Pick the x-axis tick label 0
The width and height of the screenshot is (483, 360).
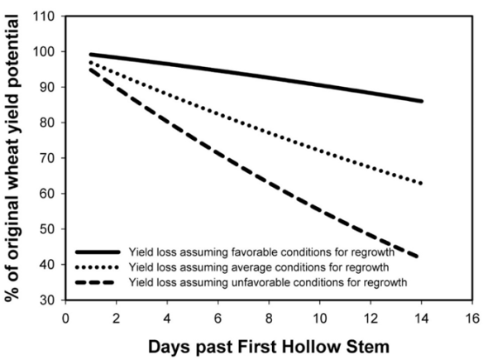point(65,318)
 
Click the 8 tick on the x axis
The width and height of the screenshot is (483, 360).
point(269,318)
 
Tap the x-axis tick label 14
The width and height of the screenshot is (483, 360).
point(422,318)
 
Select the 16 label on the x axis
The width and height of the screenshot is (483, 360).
point(472,318)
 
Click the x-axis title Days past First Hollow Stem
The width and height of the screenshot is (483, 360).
point(269,347)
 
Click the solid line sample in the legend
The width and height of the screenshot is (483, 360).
point(98,252)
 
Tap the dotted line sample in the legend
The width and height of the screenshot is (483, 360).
point(98,267)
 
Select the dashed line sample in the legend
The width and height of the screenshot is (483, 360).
point(95,282)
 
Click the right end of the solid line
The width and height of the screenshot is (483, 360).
point(422,101)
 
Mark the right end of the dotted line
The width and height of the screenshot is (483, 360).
point(422,184)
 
